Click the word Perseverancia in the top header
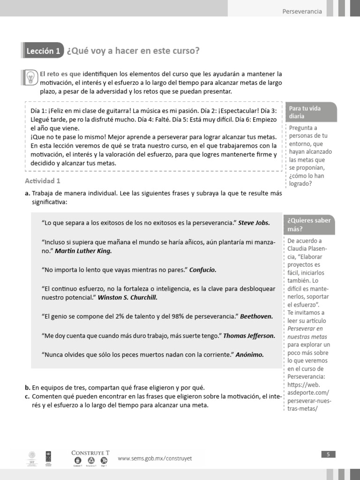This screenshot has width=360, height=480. (302, 11)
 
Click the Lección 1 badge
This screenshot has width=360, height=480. (43, 51)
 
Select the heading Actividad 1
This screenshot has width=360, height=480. (43, 180)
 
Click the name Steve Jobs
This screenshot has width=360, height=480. (254, 223)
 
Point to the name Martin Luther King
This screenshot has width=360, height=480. (83, 251)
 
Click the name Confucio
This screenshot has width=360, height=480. (203, 270)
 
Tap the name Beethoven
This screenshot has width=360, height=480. (256, 317)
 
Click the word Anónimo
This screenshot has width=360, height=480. (250, 355)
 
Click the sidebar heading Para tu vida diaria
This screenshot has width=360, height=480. (310, 112)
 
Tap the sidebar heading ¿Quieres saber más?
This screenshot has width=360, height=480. (309, 225)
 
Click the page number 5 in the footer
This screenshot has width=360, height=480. (328, 454)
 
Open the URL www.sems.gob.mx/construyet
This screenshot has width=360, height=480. (155, 458)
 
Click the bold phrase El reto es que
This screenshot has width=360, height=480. (60, 74)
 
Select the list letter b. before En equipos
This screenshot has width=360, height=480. (27, 388)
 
